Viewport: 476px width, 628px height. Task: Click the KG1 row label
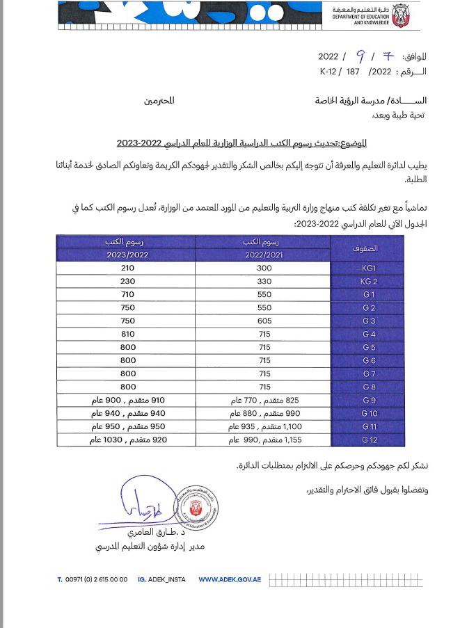(x=369, y=268)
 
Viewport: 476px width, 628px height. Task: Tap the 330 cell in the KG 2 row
(x=264, y=281)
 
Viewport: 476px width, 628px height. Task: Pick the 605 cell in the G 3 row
(x=264, y=321)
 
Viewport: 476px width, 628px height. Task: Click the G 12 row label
(x=369, y=440)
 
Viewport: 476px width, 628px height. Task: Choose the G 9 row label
(x=369, y=400)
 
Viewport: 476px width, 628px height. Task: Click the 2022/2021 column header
(x=264, y=255)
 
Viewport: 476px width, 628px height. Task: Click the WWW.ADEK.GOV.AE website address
(x=230, y=579)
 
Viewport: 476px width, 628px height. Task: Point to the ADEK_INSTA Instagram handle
(x=162, y=579)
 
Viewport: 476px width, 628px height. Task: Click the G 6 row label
(x=369, y=360)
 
